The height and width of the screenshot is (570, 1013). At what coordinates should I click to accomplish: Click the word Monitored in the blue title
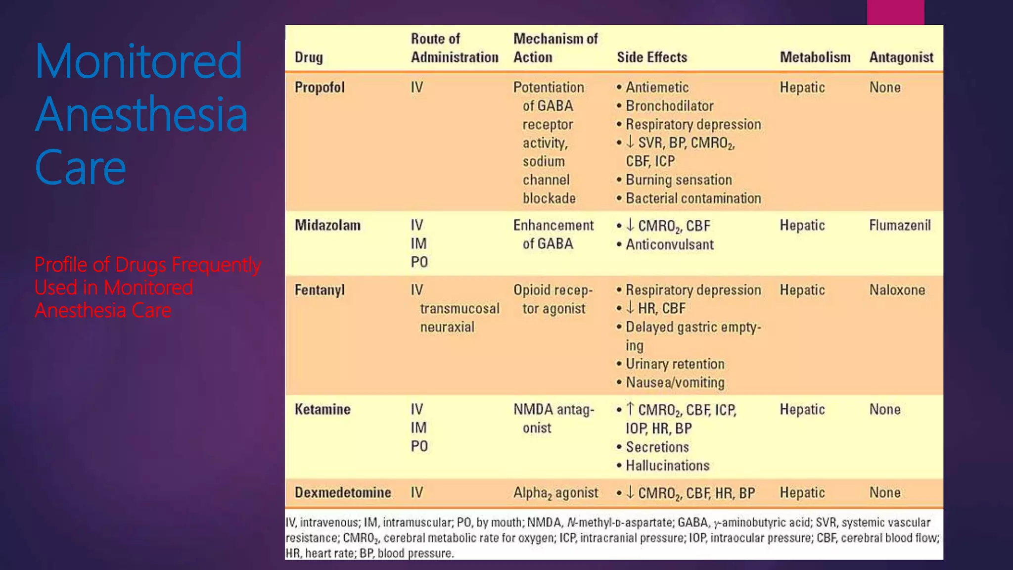coord(138,61)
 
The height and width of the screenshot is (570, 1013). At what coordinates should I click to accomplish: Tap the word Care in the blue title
coord(80,167)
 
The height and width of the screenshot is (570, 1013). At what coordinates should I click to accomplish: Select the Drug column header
coord(309,57)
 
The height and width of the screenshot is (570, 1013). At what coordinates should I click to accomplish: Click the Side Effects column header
coord(652,57)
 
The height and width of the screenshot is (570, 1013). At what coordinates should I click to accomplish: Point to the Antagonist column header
coord(901,57)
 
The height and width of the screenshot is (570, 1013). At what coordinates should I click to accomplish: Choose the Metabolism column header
coord(815,57)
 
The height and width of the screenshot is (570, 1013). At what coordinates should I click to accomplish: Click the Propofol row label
coord(320,88)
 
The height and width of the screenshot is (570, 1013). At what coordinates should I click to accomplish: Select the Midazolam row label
coord(327,226)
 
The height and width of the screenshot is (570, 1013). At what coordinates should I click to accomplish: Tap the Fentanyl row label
coord(320,290)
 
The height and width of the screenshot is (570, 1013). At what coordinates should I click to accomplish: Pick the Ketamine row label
coord(322,410)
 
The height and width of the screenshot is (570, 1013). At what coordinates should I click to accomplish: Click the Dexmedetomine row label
coord(343,493)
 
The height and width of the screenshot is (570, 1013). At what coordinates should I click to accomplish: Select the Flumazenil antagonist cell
coord(900,226)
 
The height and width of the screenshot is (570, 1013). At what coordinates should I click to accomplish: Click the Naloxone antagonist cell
coord(897,290)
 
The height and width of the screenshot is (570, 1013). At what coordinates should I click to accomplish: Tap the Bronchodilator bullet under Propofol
coord(669,106)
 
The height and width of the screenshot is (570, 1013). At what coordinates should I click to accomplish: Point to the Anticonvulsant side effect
coord(669,244)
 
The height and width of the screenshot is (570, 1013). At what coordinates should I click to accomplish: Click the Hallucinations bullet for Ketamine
coord(667,466)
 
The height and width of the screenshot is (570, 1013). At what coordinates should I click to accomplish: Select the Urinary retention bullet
coord(675,364)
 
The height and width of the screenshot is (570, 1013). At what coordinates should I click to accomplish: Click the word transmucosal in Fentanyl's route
coord(460,309)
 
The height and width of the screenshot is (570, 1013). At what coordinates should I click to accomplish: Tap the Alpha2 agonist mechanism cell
coord(555,493)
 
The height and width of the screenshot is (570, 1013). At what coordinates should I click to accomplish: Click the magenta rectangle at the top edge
coord(895,12)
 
